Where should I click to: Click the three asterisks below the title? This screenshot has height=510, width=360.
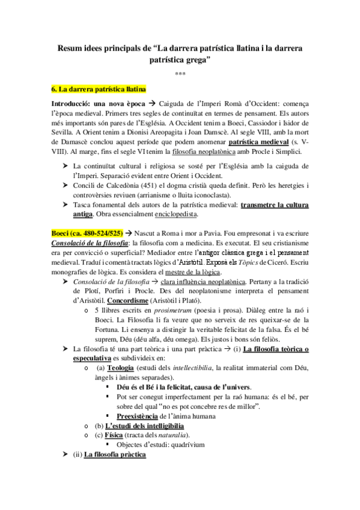click(x=180, y=75)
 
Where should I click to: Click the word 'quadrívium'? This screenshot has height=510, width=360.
click(x=185, y=445)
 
